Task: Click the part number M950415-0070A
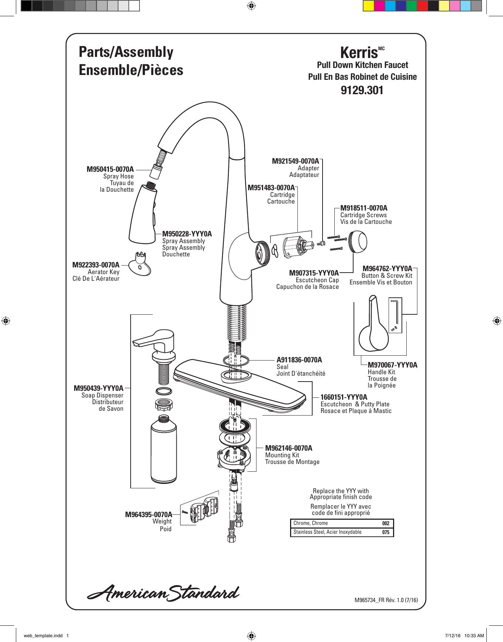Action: point(110,170)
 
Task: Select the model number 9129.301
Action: point(362,91)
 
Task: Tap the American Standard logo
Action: point(163,593)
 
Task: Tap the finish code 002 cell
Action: point(386,523)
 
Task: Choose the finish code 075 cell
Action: point(386,532)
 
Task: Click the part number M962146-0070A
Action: point(289,448)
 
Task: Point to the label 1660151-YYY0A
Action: point(344,397)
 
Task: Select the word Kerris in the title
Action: point(359,53)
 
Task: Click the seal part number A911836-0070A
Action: point(299,360)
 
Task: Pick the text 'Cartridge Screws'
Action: point(364,215)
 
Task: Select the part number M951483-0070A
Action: point(271,188)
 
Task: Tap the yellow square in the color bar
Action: point(368,6)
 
